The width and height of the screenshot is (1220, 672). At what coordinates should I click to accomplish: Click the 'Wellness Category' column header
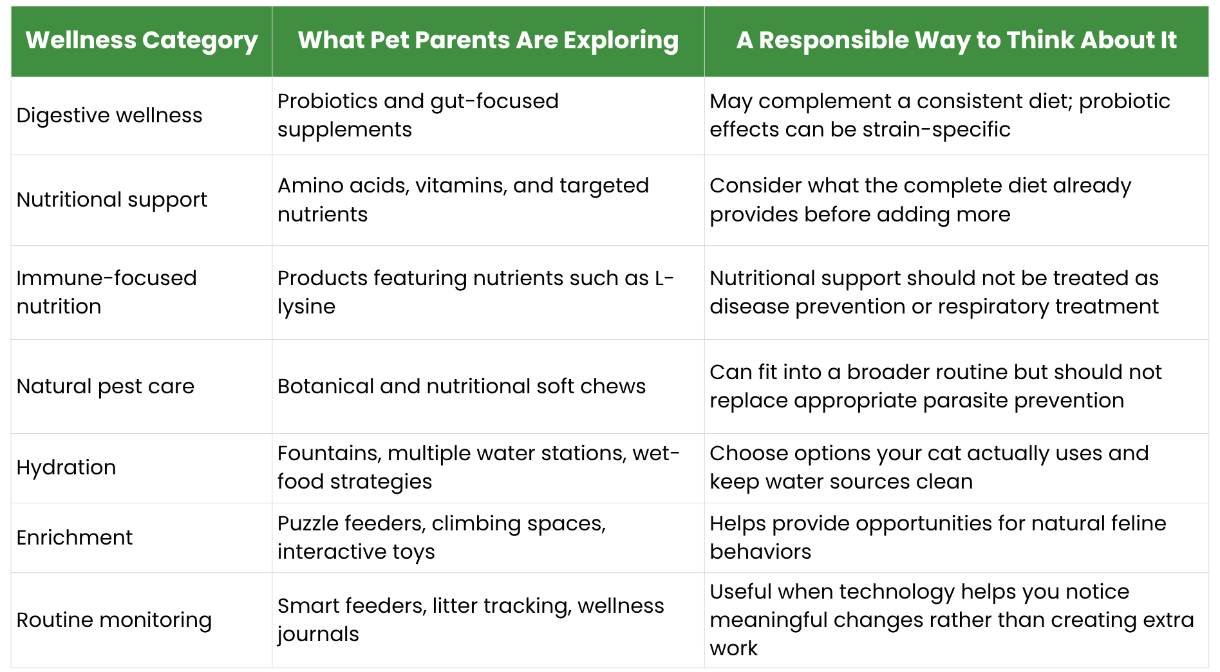[142, 41]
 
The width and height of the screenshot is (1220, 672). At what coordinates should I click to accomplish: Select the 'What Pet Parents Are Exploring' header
[488, 41]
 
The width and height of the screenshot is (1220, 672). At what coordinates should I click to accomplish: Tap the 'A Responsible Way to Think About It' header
[956, 41]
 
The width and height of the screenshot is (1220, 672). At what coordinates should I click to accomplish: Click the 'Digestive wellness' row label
[109, 115]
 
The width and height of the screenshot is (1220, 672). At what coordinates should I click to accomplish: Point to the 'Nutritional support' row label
[112, 200]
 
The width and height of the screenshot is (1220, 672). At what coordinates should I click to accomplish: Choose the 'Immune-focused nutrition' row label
[107, 292]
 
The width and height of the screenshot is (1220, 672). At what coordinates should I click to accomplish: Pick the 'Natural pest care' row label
[106, 386]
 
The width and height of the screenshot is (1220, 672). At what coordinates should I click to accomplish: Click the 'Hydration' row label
[66, 468]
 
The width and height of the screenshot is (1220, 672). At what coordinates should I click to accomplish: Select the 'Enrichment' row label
[75, 537]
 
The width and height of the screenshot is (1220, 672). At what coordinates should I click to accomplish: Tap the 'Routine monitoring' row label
[114, 620]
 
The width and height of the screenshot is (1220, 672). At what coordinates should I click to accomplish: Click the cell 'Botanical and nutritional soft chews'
[462, 386]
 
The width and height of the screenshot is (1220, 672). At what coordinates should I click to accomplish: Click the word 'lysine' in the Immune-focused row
[306, 307]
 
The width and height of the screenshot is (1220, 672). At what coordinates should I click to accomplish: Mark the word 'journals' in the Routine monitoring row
[318, 635]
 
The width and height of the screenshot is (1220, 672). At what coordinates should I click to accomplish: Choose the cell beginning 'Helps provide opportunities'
[938, 537]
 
